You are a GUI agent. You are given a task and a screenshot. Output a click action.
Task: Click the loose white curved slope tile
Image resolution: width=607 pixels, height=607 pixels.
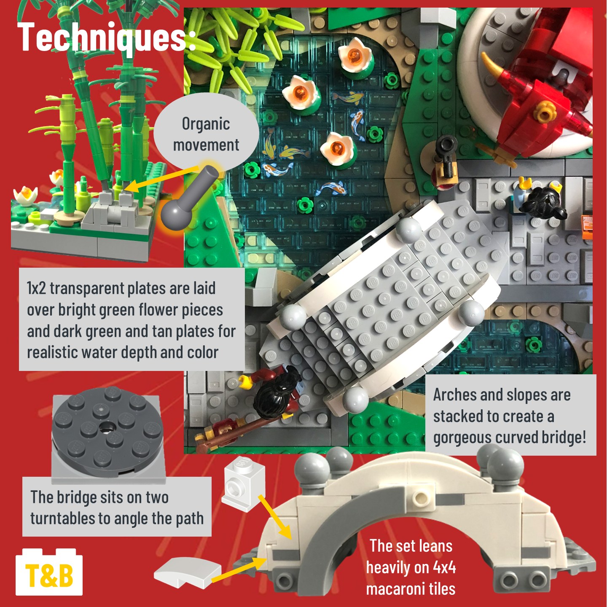188,576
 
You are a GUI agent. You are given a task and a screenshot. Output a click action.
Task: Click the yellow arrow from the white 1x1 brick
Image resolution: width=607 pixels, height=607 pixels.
275,517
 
